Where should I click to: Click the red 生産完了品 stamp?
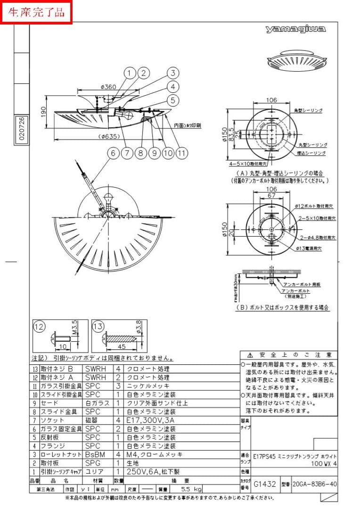(36, 12)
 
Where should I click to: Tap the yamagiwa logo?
(295, 30)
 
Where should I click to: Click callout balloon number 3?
(173, 73)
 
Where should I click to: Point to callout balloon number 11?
(182, 153)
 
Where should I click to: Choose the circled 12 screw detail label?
(39, 326)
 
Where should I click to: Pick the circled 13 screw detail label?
(98, 326)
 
